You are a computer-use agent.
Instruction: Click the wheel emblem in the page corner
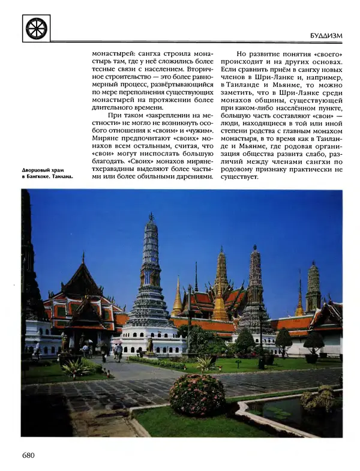[37, 28]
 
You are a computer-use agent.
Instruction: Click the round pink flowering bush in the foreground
[197, 394]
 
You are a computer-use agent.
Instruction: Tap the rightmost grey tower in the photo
[313, 288]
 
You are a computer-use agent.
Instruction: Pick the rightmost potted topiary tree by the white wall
[313, 344]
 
